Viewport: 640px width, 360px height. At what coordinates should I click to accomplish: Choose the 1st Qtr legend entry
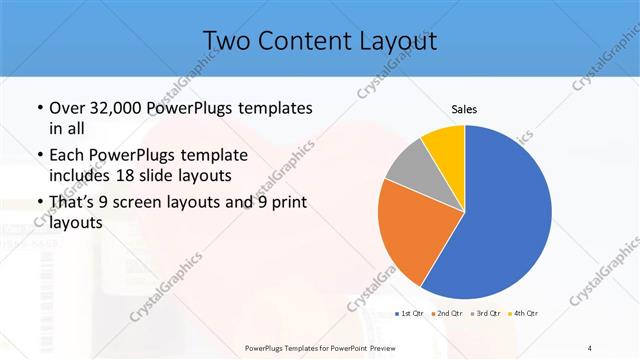pos(409,314)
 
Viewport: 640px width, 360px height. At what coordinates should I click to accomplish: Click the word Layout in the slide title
pos(394,41)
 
